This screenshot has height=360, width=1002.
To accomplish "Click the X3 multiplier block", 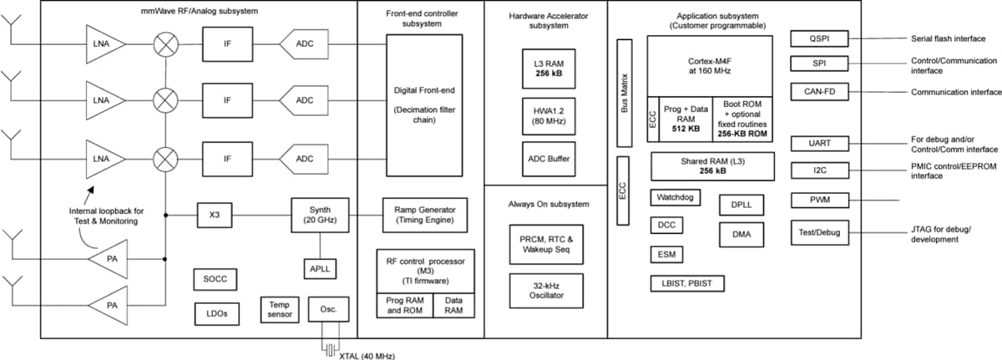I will tap(214, 214).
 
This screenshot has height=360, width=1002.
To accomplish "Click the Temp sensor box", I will tap(277, 310).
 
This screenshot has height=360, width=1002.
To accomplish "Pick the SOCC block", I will tap(215, 279).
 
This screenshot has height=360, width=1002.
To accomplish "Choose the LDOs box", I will tap(215, 314).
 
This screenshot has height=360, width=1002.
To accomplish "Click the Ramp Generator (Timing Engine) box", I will tap(424, 214).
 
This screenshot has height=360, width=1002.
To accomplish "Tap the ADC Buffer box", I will tap(545, 157).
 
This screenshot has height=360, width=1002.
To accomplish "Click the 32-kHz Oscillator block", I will tap(545, 290).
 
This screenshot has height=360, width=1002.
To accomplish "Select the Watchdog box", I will tap(675, 198).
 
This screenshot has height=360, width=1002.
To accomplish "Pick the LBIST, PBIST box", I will tap(687, 283).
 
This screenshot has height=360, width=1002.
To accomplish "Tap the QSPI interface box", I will tap(820, 38).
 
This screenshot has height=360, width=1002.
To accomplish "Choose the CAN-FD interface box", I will tap(820, 91).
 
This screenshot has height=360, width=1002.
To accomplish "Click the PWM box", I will tap(820, 200).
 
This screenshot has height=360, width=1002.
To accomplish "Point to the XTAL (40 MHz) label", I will tap(367, 355).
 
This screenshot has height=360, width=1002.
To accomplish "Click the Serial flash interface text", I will tap(948, 38).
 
